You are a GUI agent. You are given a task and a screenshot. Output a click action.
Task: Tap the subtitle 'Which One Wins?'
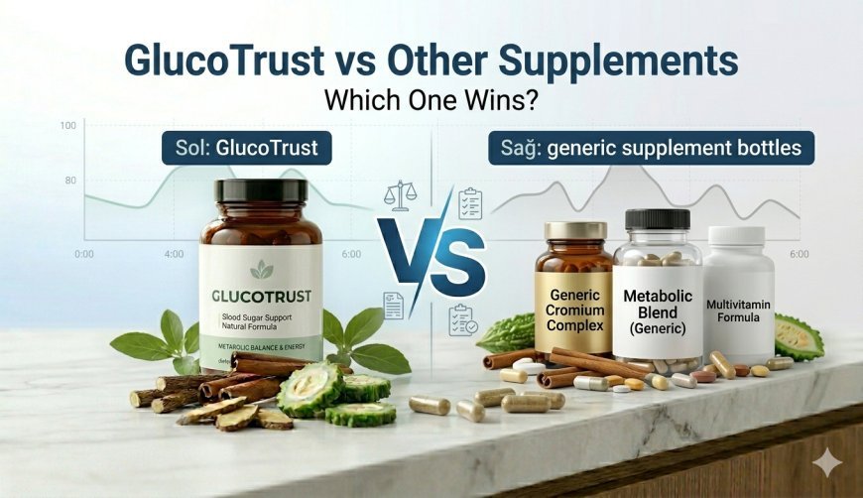431,101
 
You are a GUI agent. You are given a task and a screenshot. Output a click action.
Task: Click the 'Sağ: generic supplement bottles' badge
651,149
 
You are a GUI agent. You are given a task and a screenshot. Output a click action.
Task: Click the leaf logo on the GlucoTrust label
262,269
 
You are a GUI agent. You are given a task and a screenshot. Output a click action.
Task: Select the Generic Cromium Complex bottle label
572,309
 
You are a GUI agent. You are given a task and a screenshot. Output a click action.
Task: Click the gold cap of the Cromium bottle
574,230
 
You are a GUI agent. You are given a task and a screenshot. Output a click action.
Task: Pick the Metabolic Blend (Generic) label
658,311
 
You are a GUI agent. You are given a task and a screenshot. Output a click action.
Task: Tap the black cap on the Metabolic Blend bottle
657,219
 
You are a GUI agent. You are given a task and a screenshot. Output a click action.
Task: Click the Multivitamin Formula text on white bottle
739,310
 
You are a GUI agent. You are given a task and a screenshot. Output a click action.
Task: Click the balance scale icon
402,195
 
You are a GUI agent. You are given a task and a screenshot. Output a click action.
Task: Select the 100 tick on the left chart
67,126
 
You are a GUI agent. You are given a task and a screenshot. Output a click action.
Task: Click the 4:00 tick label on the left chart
174,255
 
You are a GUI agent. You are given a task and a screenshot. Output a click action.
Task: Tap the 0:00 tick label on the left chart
84,255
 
